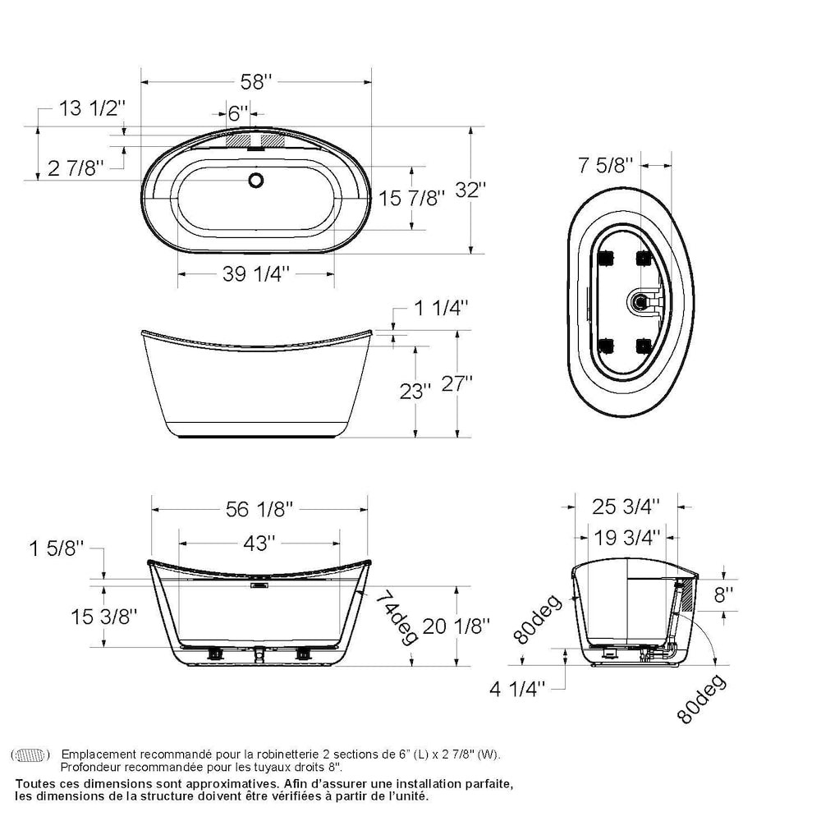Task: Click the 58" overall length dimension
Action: (x=256, y=82)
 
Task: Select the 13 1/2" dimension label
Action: (x=93, y=108)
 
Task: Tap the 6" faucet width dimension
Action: (x=238, y=112)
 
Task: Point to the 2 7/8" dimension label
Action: (x=76, y=168)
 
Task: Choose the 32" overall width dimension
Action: (x=471, y=190)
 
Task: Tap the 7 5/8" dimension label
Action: (x=606, y=165)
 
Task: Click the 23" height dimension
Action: (x=415, y=392)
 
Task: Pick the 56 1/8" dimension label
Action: (x=259, y=510)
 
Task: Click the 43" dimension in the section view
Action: (x=259, y=543)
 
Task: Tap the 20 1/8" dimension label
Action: (x=456, y=626)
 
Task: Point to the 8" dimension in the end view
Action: (x=723, y=594)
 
